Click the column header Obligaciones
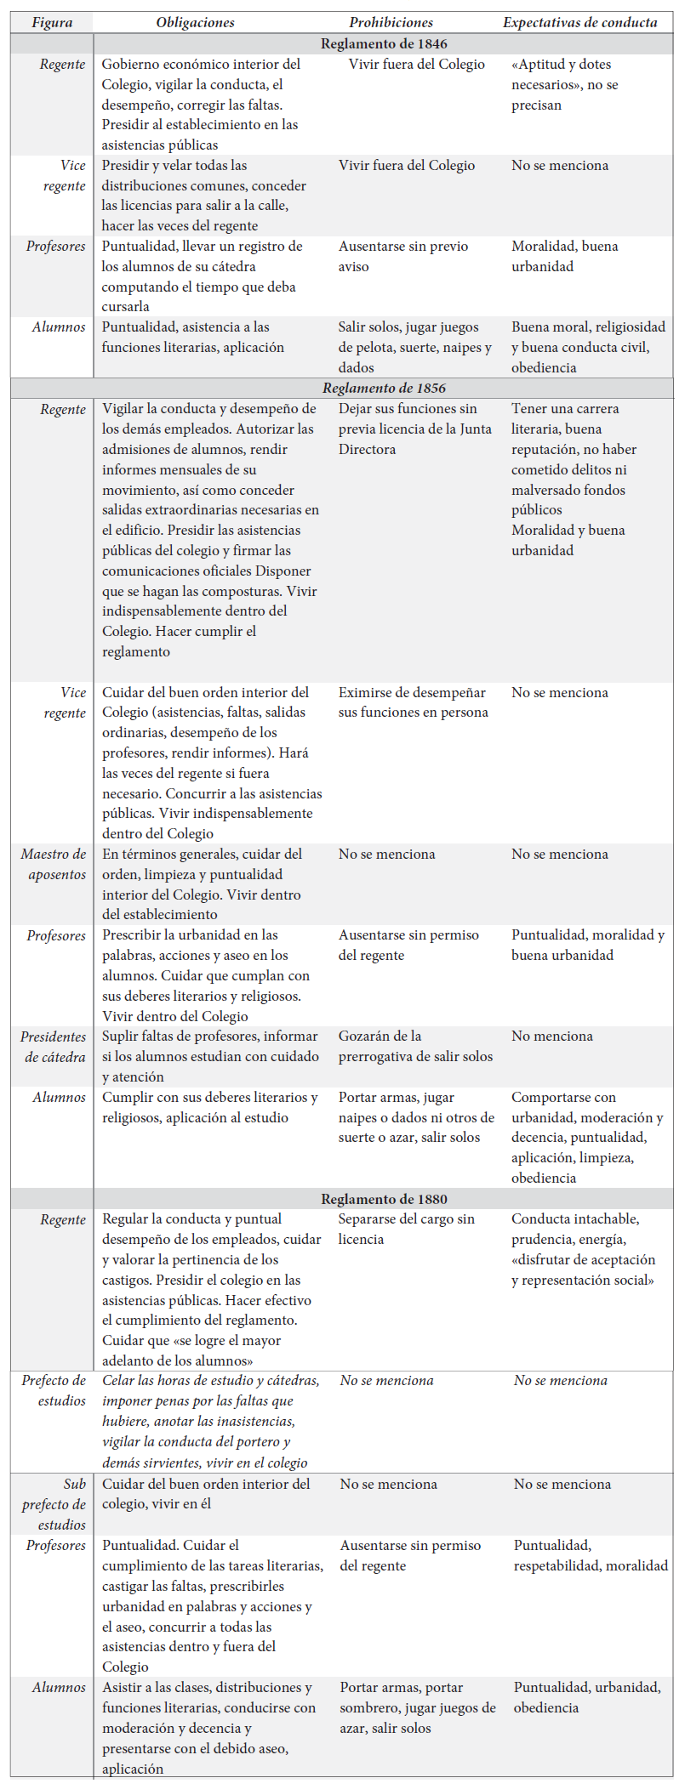[x=195, y=23]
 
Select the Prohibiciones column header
[x=391, y=23]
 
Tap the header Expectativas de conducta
[x=579, y=23]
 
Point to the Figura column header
[x=52, y=23]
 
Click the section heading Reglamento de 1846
[x=384, y=43]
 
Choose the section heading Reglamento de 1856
[x=384, y=388]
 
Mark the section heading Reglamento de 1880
[x=384, y=1199]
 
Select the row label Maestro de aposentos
[x=54, y=864]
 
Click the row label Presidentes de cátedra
[x=54, y=1047]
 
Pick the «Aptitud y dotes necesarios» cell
[x=565, y=84]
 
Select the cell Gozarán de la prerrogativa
[x=415, y=1047]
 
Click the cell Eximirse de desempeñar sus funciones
[x=413, y=702]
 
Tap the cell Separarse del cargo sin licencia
[x=406, y=1229]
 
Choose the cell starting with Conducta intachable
[x=583, y=1249]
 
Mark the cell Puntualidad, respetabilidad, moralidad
[x=591, y=1555]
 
